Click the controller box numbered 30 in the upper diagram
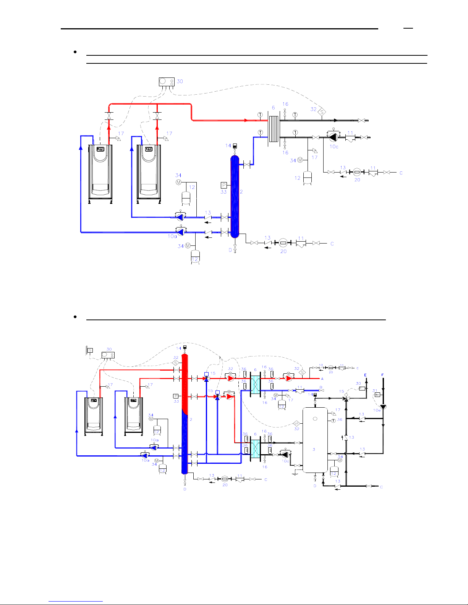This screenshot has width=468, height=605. coord(167,82)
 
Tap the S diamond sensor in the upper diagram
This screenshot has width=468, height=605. coord(322,112)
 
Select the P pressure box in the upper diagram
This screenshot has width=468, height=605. coord(224,185)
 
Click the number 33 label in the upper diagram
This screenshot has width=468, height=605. coord(223,192)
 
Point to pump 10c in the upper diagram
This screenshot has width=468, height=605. coord(334,137)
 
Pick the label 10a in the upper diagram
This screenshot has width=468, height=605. coord(172,236)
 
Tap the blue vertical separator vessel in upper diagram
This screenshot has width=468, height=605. coord(235,197)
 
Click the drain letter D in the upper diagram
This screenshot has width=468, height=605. coord(230,250)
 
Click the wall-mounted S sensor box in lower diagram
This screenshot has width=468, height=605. coord(90,350)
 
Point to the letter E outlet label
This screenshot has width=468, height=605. coord(366,375)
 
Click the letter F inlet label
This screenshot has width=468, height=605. coord(382,375)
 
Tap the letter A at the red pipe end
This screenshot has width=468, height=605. coord(322,379)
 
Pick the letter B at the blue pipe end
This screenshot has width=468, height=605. coord(321,387)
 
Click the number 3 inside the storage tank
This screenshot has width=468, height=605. coord(314,449)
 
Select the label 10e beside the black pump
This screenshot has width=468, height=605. coord(377,410)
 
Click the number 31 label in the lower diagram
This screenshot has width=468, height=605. coord(375,391)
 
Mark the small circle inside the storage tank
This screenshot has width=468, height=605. coord(315,419)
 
